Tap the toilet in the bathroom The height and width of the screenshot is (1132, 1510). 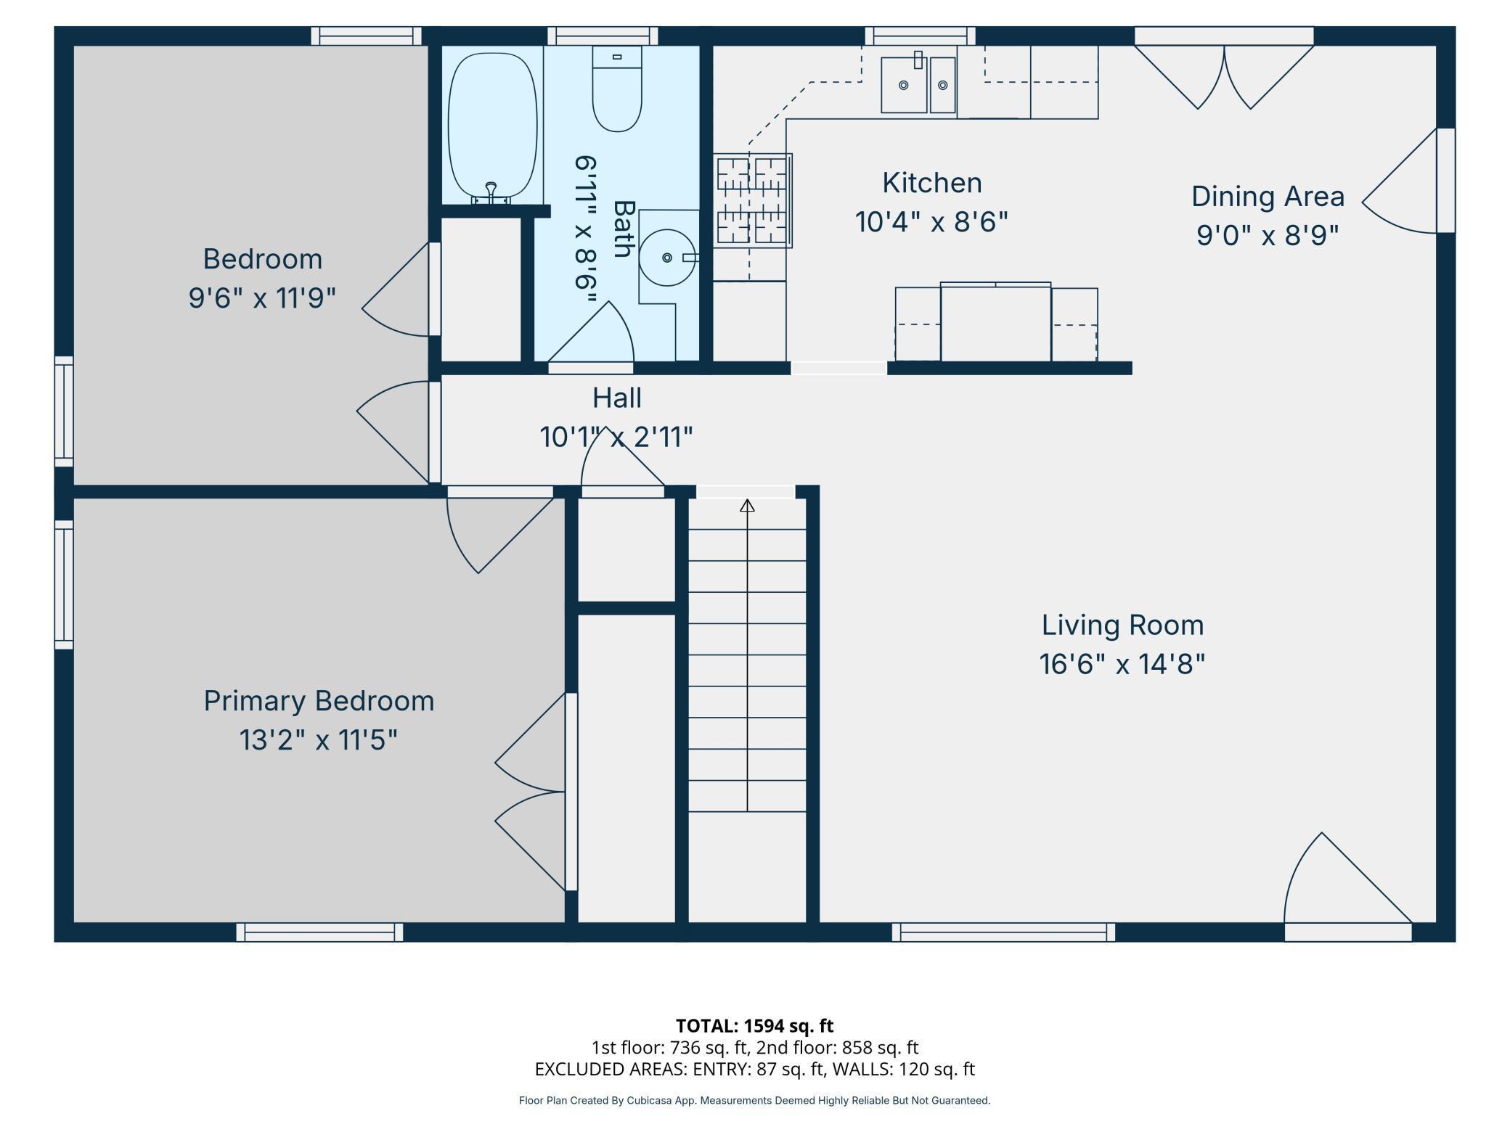[617, 91]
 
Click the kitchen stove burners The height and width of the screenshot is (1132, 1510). [751, 200]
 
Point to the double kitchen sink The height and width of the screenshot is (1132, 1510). [918, 86]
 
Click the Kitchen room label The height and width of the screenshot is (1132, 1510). [931, 183]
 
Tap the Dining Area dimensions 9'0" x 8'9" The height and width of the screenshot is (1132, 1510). [1267, 235]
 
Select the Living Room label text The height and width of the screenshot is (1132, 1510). [1122, 625]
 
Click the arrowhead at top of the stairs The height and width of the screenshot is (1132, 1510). [747, 505]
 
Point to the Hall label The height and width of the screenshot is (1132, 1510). [616, 398]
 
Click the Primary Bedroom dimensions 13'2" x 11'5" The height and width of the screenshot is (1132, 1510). [318, 740]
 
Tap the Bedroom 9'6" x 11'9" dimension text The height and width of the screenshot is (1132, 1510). [262, 298]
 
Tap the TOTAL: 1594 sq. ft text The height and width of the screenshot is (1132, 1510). [754, 1025]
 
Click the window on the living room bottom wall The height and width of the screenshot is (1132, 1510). [1003, 932]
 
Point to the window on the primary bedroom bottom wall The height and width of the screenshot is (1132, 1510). [319, 932]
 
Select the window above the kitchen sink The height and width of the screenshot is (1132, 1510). [920, 36]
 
